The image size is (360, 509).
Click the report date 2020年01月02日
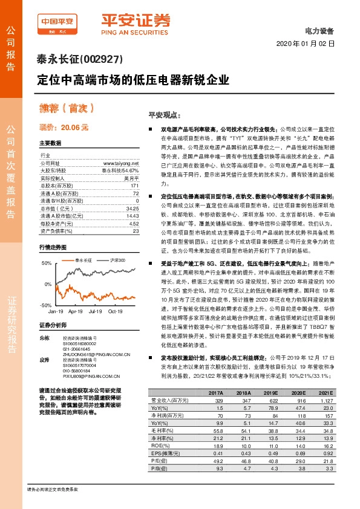306,44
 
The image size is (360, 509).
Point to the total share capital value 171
136,186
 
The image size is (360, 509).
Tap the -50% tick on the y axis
46,306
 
